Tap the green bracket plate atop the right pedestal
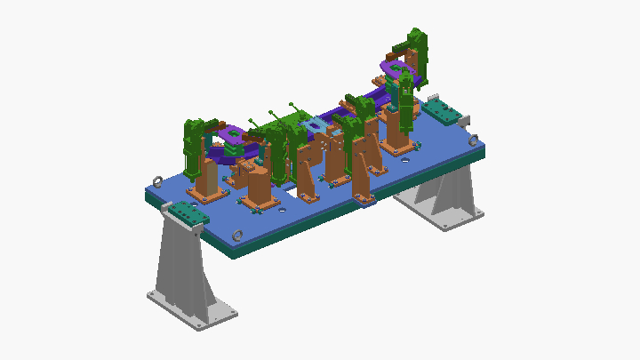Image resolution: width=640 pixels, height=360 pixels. (x=441, y=111)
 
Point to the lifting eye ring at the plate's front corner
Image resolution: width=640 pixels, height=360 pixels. (x=237, y=235)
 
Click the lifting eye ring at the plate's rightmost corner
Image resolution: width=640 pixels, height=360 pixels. (x=473, y=139)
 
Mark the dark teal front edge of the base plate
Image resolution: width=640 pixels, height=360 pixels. (x=293, y=233)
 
